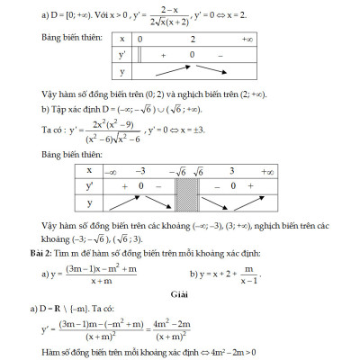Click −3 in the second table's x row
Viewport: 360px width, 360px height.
click(139, 170)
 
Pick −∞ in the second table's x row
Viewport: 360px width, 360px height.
click(111, 170)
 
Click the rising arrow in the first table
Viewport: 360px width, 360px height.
click(169, 71)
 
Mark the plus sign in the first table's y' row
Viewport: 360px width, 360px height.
click(165, 56)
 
